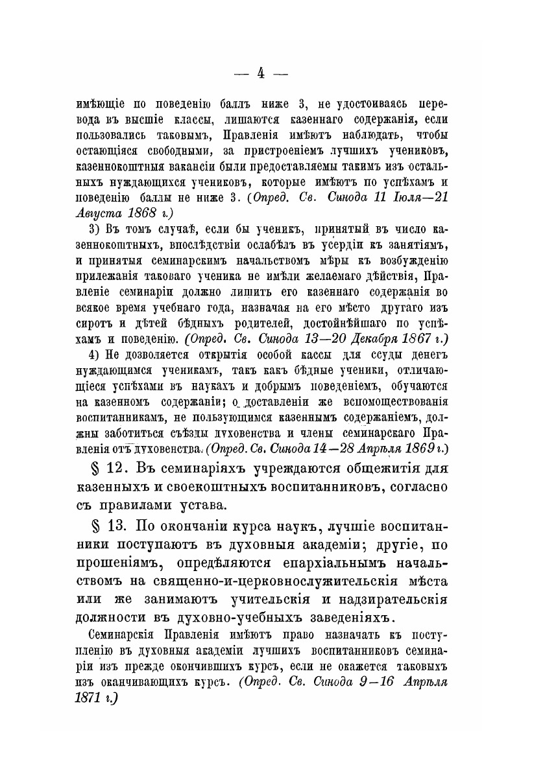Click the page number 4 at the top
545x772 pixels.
point(259,73)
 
